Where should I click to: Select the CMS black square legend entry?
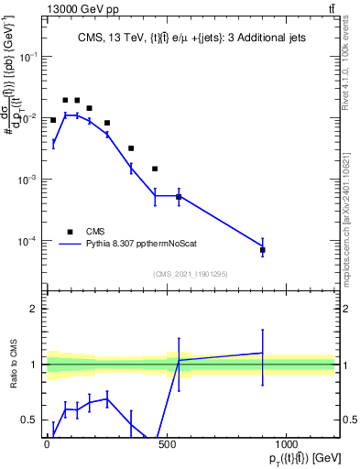(70, 231)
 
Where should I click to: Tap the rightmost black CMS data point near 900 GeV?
(263, 250)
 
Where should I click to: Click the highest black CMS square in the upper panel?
(65, 100)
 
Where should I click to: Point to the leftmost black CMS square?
(53, 120)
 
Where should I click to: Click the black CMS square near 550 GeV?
(179, 197)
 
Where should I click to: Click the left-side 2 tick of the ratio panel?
(37, 310)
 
